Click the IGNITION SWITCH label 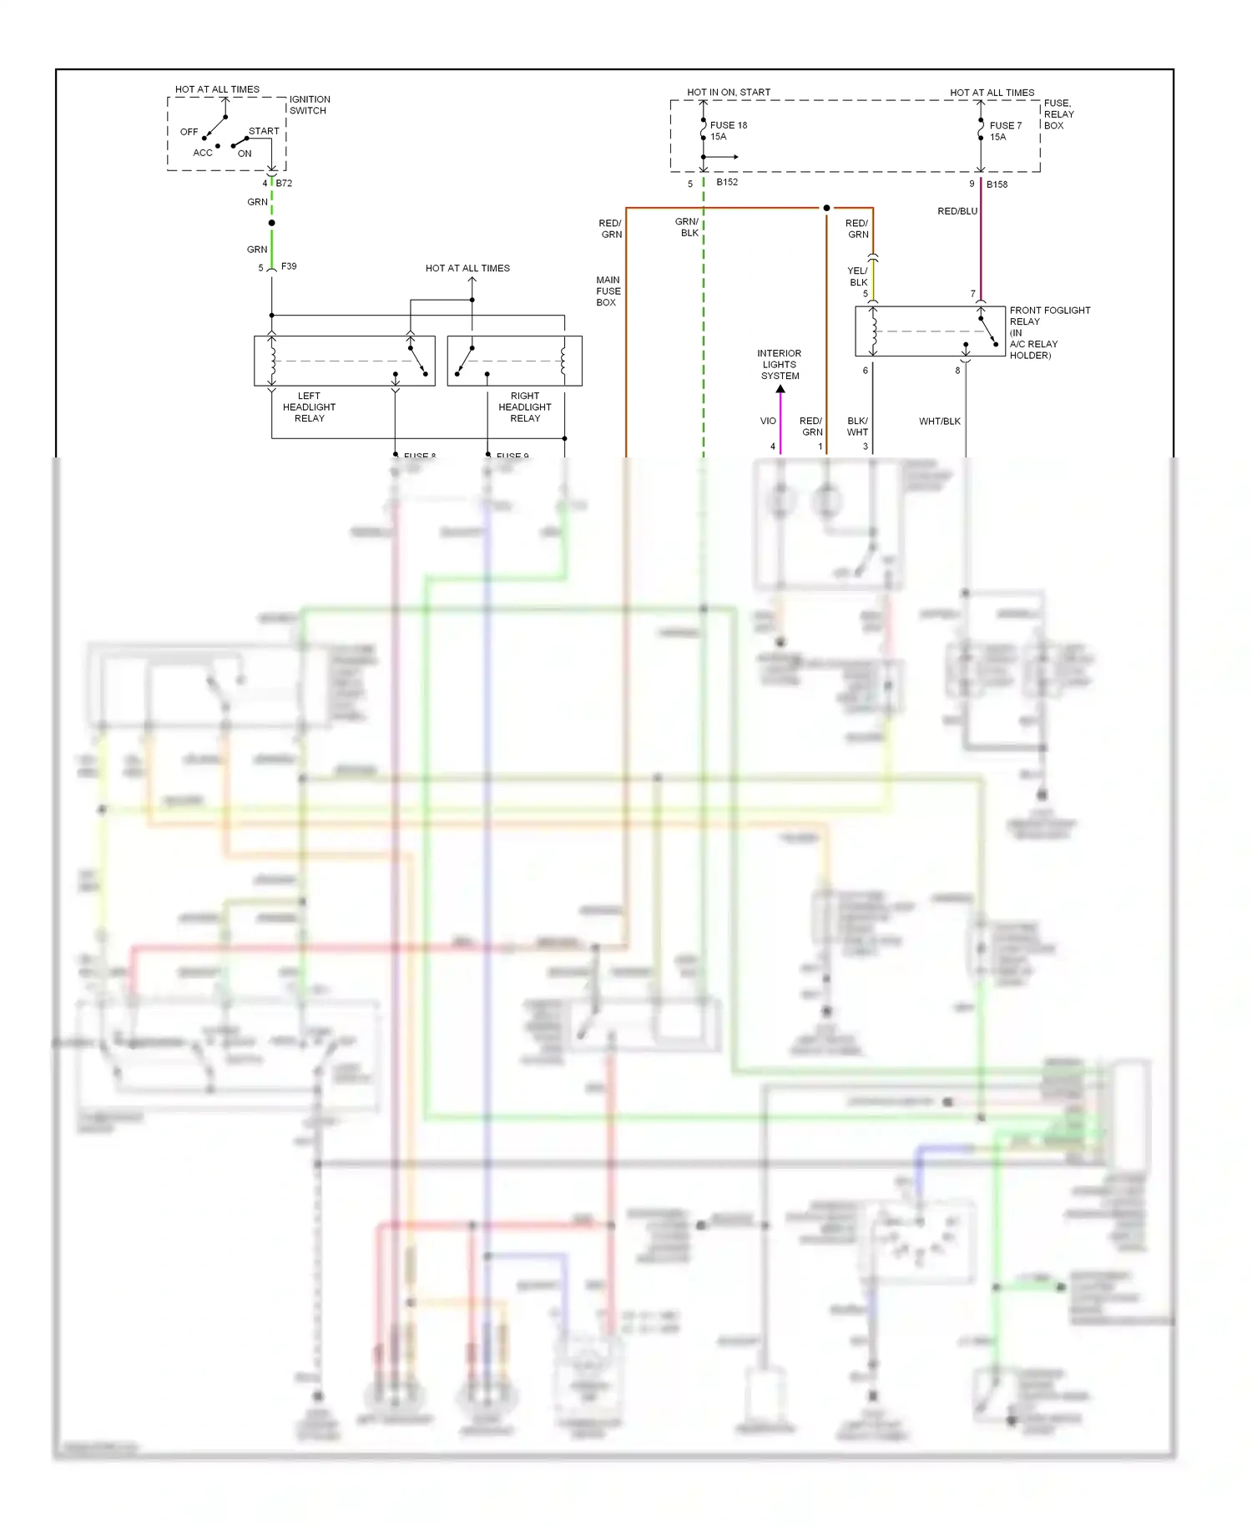click(x=309, y=104)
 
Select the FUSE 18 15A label click(x=728, y=130)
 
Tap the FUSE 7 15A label click(x=1005, y=131)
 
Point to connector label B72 click(x=284, y=183)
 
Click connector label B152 click(x=726, y=182)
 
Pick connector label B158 click(x=997, y=184)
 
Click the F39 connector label click(x=289, y=266)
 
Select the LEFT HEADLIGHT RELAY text click(x=309, y=407)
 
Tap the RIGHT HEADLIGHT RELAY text click(x=524, y=407)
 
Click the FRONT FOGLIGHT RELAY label click(x=1049, y=316)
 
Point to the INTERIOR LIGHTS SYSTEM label click(x=779, y=365)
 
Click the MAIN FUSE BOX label click(x=608, y=291)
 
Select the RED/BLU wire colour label click(x=957, y=211)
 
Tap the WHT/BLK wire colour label click(x=939, y=422)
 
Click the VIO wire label click(x=767, y=421)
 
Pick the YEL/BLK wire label click(x=857, y=276)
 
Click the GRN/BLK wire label click(x=687, y=227)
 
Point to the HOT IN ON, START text click(x=728, y=92)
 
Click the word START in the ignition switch click(x=264, y=131)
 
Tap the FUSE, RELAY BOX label click(x=1058, y=114)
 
